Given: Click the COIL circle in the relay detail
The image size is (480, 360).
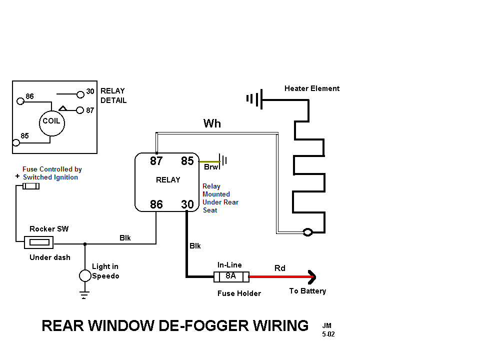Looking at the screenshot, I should pyautogui.click(x=51, y=121).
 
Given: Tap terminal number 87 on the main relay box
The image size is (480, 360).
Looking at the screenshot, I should pyautogui.click(x=156, y=161).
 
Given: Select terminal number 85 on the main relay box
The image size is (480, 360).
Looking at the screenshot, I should pyautogui.click(x=187, y=161).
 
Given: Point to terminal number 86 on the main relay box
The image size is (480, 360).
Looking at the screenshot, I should pyautogui.click(x=156, y=204).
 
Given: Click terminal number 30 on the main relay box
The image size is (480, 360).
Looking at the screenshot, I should pyautogui.click(x=187, y=204).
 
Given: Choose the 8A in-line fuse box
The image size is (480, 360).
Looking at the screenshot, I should pyautogui.click(x=230, y=276).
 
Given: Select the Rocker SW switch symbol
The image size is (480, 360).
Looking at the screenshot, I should pyautogui.click(x=39, y=243).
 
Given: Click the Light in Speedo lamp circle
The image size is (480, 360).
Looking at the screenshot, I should pyautogui.click(x=85, y=275).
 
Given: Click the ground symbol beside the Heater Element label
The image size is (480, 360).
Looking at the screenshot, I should pyautogui.click(x=254, y=99).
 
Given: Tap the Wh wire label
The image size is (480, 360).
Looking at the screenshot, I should pyautogui.click(x=212, y=123).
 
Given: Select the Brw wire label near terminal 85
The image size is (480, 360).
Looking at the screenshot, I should pyautogui.click(x=211, y=167).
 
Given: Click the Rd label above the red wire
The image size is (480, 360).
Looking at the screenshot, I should pyautogui.click(x=280, y=268).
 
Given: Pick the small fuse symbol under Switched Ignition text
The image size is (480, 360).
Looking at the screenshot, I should pyautogui.click(x=31, y=186).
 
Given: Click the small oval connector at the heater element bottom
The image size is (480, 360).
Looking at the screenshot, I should pyautogui.click(x=308, y=232).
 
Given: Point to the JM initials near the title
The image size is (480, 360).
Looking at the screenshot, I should pyautogui.click(x=327, y=325).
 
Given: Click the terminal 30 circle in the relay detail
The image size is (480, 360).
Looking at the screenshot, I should pyautogui.click(x=80, y=93).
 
